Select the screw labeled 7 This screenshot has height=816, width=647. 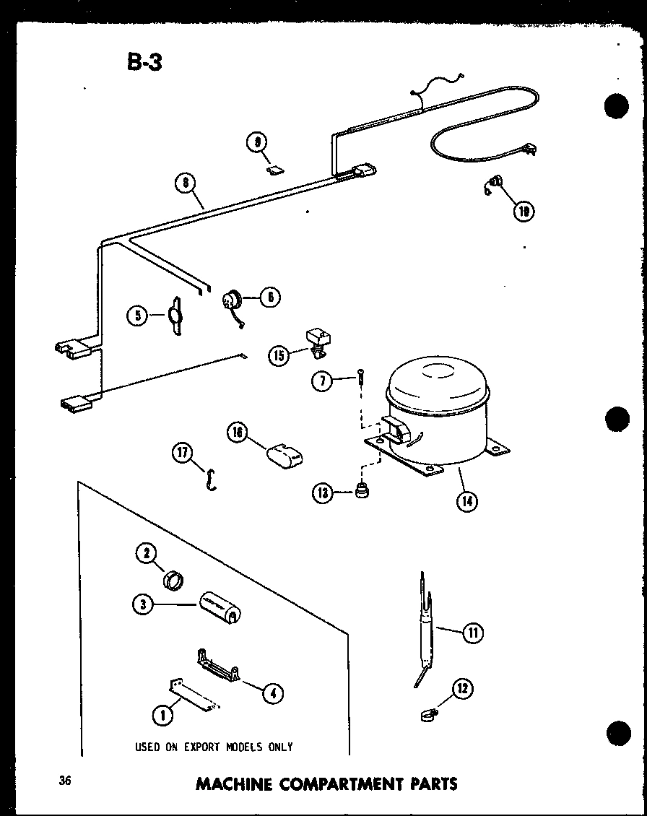pos(359,379)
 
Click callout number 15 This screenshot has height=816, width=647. pos(279,355)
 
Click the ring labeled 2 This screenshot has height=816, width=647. pos(173,579)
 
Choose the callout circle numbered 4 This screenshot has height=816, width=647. pos(272,693)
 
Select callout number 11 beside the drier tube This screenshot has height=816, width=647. pos(472,634)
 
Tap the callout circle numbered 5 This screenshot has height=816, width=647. pos(137,314)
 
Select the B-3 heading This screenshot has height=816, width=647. pos(144,62)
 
